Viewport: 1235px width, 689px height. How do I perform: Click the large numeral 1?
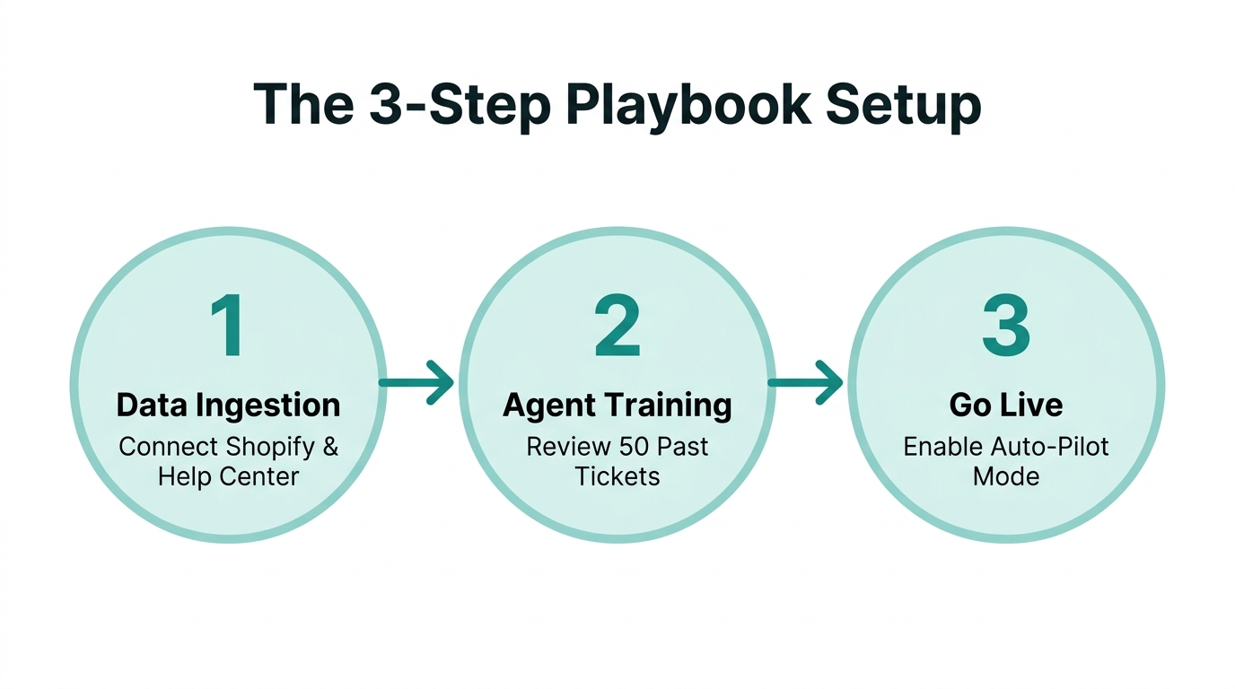point(228,327)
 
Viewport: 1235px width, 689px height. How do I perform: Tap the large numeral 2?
point(617,327)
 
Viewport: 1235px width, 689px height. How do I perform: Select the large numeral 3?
point(1005,327)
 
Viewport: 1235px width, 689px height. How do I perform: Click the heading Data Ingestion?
point(228,406)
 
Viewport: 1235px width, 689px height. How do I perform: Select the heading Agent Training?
point(617,406)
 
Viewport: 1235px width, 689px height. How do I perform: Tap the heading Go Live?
point(1006,406)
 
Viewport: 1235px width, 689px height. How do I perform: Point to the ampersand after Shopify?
point(329,447)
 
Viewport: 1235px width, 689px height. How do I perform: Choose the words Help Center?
point(228,476)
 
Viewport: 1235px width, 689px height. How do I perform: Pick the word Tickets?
point(617,476)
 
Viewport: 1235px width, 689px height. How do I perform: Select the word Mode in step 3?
point(1006,476)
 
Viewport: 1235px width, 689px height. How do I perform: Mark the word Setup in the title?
point(904,106)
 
